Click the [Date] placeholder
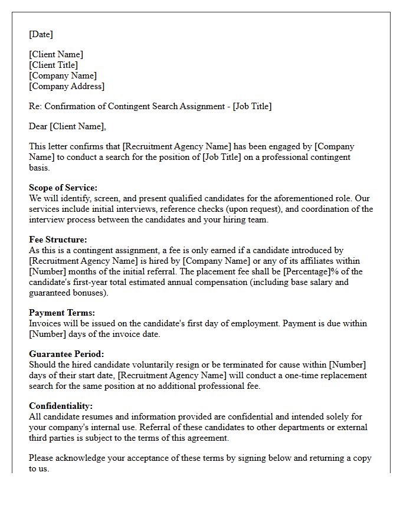pos(41,34)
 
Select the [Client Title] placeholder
pos(53,65)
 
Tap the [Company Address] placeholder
pos(67,86)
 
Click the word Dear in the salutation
pos(38,126)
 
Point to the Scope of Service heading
pos(63,188)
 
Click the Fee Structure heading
pos(58,240)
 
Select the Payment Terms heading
pos(62,313)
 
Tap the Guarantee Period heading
pos(66,354)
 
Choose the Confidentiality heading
pos(61,406)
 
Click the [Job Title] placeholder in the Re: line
pos(253,106)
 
